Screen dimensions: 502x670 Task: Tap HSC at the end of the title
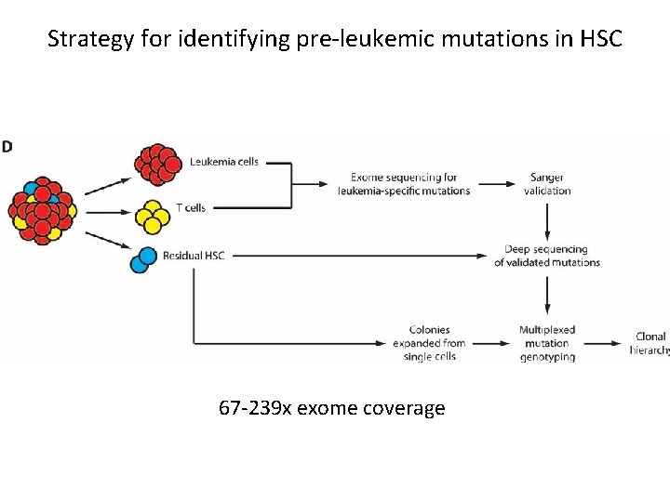pos(601,39)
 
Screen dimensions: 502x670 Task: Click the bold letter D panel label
pos(7,146)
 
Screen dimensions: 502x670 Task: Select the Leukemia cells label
pos(224,162)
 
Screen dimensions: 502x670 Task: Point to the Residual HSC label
pos(194,256)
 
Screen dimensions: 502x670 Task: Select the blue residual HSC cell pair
pos(143,259)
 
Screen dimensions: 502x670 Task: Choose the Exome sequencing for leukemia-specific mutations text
pos(403,184)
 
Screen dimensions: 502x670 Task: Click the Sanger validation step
pos(547,184)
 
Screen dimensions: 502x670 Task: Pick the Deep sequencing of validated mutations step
pos(547,256)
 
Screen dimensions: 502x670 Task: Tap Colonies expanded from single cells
pos(429,343)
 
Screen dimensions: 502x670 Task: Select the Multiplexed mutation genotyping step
pos(547,343)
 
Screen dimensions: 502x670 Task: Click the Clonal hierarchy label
pos(650,343)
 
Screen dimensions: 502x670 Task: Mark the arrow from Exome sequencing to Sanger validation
pos(495,184)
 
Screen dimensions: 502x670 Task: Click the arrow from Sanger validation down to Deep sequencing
pos(548,220)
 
